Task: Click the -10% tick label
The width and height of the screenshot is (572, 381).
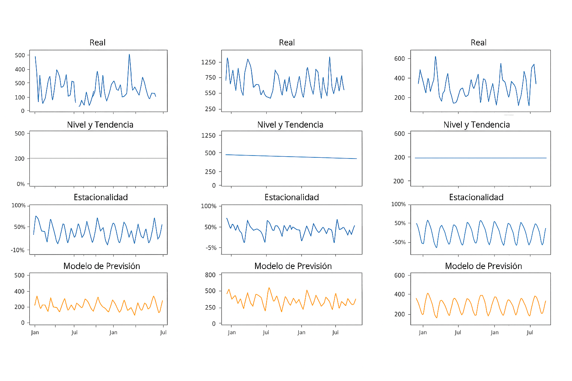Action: [18, 250]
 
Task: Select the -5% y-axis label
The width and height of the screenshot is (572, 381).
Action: [211, 248]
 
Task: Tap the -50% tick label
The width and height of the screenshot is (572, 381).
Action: [399, 242]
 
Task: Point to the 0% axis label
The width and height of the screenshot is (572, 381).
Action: [20, 184]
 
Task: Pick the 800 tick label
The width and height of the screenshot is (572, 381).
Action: [210, 275]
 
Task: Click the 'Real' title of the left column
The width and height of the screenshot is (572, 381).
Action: [98, 43]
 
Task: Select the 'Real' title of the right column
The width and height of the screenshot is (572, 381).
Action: [479, 43]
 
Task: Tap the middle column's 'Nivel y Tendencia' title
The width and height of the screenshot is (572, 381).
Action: [290, 125]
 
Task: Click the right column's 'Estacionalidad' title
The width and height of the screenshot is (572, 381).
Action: [476, 197]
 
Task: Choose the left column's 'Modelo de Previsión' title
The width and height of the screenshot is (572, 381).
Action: [102, 266]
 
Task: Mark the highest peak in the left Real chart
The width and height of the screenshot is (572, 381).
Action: [129, 54]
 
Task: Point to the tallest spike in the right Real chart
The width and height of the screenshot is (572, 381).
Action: [435, 57]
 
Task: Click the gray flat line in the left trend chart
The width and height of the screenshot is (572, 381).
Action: [98, 159]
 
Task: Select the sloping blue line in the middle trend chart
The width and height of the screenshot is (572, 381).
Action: [290, 157]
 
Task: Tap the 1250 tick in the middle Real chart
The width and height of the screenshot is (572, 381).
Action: [209, 62]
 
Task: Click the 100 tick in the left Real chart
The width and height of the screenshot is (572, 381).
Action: [20, 97]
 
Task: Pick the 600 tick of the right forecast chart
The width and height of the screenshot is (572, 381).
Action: [400, 275]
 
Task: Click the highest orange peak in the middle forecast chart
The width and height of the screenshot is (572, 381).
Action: [269, 288]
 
